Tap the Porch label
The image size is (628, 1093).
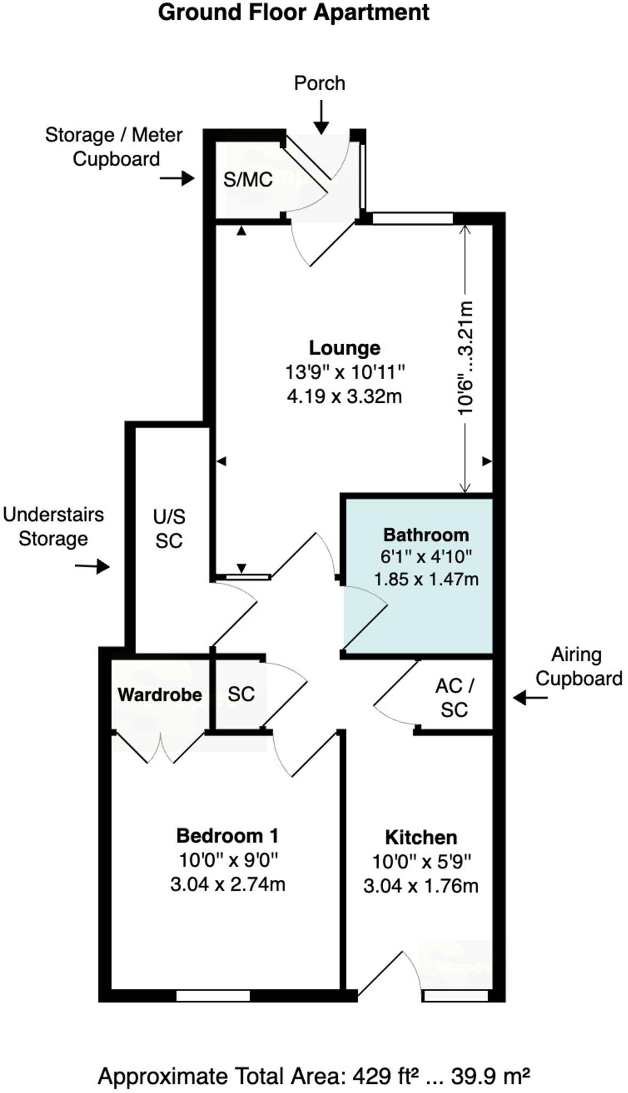320,83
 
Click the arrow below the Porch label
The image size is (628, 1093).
321,118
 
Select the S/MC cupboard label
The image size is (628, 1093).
248,180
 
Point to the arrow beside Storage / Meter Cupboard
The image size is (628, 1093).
178,178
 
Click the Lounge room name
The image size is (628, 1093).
345,348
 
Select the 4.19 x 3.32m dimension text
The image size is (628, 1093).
344,397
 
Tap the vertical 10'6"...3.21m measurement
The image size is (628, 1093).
465,358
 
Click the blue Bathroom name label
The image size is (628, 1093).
426,535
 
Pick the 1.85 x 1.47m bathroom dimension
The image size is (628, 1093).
426,579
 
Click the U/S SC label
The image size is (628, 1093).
169,528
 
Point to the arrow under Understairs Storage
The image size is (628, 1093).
92,566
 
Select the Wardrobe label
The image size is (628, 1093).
160,694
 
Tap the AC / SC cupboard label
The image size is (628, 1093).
454,698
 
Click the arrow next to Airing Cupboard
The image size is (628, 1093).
530,698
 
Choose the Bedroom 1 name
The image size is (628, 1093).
227,836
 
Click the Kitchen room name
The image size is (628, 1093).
421,837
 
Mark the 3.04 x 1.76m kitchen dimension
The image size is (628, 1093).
421,886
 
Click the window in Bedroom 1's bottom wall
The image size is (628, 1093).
213,995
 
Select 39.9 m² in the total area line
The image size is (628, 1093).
490,1076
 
